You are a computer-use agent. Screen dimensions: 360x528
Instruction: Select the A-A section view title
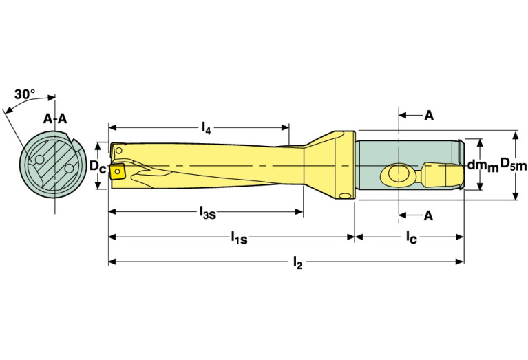point(55,118)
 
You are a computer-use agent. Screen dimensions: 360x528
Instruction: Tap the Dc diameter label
point(97,167)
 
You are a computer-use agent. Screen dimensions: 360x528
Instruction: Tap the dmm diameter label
point(482,165)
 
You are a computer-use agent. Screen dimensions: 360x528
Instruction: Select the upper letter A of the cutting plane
point(428,115)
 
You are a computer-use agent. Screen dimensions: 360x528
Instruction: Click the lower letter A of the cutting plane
point(428,216)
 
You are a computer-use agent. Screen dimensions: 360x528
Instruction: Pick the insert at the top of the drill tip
point(118,149)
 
